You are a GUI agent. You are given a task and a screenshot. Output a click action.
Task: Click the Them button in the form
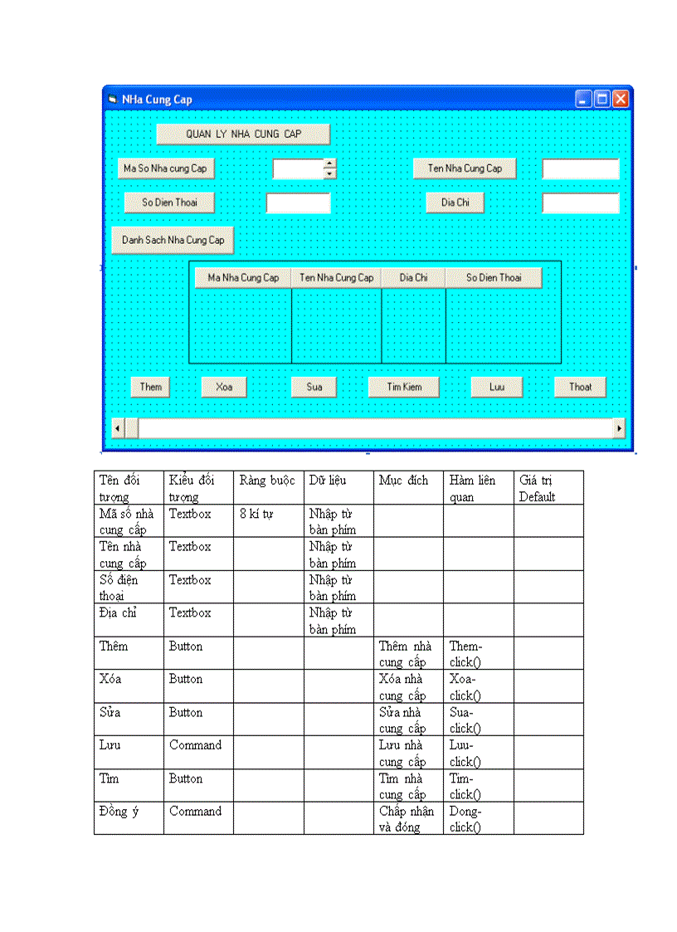(x=150, y=387)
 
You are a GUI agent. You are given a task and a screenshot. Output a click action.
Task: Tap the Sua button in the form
(x=314, y=387)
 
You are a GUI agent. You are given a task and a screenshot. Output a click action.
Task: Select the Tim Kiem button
(x=404, y=387)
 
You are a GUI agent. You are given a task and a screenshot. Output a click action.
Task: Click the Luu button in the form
(x=496, y=387)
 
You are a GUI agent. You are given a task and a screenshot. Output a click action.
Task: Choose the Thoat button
(x=580, y=387)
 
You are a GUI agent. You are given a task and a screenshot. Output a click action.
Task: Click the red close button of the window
(x=621, y=100)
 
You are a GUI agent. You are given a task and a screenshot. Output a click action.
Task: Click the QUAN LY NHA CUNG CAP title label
(x=243, y=134)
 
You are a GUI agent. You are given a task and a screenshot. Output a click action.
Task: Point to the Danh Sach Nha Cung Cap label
(x=173, y=240)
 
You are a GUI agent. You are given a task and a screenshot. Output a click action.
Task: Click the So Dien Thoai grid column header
(x=494, y=278)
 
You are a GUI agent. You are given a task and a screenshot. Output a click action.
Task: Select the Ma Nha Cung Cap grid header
(x=243, y=278)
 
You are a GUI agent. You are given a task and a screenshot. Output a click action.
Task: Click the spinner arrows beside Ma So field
(x=330, y=168)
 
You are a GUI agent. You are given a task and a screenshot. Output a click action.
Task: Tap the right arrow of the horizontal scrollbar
(x=618, y=428)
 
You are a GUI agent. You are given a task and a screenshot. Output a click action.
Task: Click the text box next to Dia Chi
(x=581, y=203)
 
